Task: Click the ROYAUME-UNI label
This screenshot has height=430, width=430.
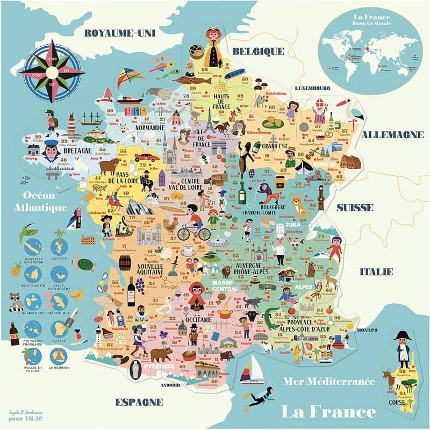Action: click(119, 33)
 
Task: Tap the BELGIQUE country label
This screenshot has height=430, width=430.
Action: click(257, 51)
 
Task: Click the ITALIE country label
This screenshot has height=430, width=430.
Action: click(376, 271)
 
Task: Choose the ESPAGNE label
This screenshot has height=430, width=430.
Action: click(139, 402)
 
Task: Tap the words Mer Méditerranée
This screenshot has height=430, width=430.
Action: click(329, 382)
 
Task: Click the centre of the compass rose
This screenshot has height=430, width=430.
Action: click(53, 71)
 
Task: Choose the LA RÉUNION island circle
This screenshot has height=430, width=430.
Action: click(59, 356)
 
